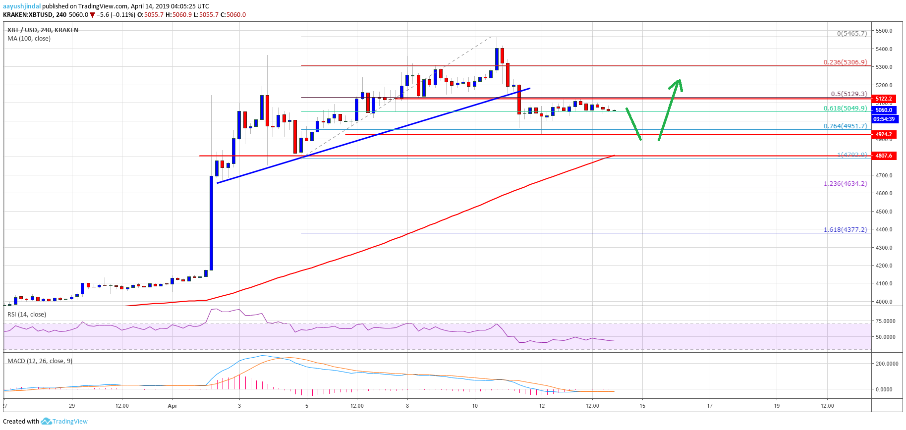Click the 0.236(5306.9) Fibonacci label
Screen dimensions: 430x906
[845, 62]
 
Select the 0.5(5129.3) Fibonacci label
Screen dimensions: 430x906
[849, 94]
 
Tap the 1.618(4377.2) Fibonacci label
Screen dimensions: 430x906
[845, 229]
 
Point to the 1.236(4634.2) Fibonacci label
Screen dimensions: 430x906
[845, 183]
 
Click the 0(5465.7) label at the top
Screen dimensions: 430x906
[851, 34]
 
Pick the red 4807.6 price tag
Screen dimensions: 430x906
[883, 156]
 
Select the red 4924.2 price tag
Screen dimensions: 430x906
[883, 134]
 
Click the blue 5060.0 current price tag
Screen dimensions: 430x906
[883, 110]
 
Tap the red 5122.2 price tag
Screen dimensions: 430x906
[883, 99]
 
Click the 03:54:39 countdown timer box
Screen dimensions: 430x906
[884, 119]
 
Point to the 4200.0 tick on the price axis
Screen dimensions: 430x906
[884, 266]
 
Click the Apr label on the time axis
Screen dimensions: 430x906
[172, 406]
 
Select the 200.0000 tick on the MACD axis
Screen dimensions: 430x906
[887, 364]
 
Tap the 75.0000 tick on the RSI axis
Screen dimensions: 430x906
[885, 321]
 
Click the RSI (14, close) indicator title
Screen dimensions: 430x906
[27, 314]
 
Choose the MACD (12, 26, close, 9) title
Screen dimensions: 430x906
[40, 361]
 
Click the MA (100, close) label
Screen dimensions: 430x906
[29, 38]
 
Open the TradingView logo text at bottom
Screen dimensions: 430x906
[70, 422]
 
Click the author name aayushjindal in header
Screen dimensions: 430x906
[22, 6]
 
